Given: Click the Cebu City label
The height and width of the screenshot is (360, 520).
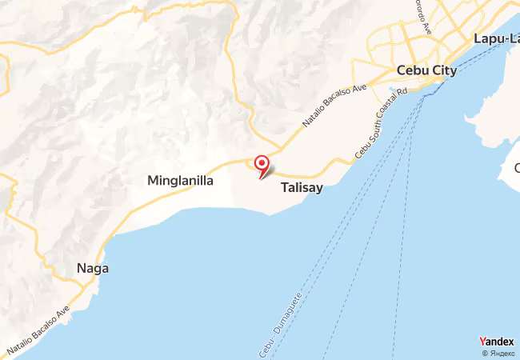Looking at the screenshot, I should (427, 70).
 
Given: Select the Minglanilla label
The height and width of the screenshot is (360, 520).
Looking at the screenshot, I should (180, 181).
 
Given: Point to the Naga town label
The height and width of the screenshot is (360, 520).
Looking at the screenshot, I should (93, 269).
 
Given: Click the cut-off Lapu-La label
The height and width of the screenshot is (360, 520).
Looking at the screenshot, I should (496, 38).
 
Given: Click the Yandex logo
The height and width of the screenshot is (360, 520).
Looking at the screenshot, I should (496, 342).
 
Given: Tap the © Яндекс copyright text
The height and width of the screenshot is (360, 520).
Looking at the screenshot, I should (498, 353).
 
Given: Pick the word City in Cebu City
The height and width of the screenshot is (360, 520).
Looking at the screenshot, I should (443, 70).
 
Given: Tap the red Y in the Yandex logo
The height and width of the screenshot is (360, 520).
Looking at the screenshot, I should (482, 342).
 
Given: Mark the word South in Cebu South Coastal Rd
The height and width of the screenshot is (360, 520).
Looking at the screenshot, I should (371, 134).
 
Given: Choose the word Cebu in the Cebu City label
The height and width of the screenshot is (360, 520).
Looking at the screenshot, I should (413, 70).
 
